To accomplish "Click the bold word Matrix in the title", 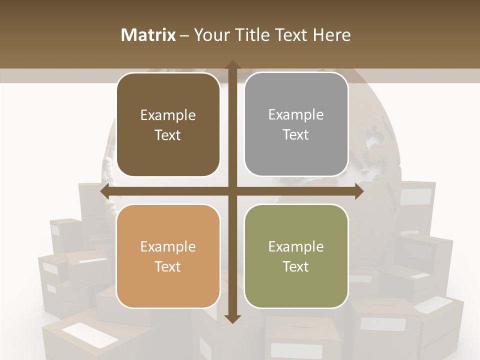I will pos(148,34).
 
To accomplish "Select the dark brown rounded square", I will pos(168,125).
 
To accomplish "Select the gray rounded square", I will pos(296,124).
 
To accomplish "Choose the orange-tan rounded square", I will pos(168,256).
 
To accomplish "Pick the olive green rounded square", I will pos(296,256).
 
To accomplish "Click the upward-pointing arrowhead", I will pos(232,65).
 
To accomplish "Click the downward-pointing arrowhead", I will pos(232,318).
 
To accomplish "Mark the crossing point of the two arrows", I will pos(232,191).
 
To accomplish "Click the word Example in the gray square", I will pos(296,115).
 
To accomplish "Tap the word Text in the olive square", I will pos(296,266).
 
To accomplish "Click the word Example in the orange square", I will pos(168,246).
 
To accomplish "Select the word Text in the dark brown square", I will pos(168,135).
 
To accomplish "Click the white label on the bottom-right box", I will pos(382,324).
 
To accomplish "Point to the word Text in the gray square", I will pos(296,135).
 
